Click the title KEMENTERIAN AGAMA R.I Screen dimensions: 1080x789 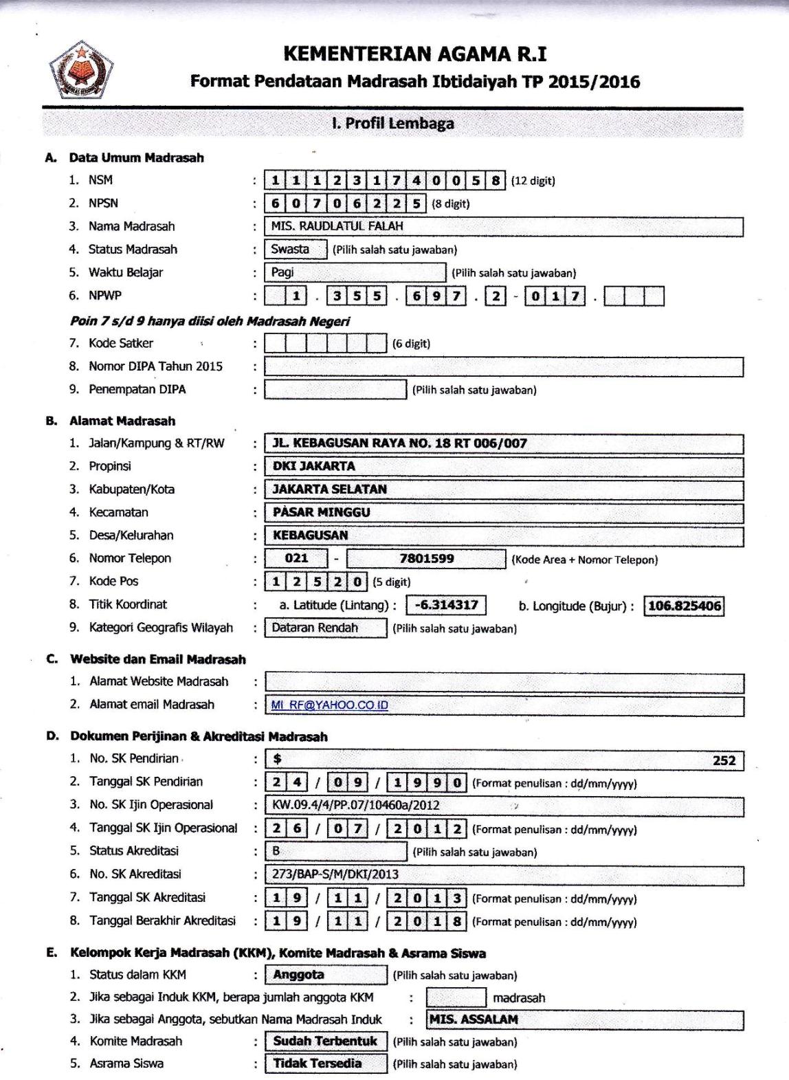415,54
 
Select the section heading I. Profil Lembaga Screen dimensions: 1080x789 392,124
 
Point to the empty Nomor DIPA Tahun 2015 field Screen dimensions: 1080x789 504,366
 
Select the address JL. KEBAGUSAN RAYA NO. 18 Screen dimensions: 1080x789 400,443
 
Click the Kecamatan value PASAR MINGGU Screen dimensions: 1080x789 322,512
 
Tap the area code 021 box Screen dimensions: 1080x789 296,558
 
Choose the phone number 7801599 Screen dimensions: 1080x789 426,558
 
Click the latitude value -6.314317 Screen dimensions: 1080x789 447,605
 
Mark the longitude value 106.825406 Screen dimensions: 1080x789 685,606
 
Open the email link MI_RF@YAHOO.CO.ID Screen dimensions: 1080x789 330,705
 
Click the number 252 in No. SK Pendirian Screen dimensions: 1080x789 724,760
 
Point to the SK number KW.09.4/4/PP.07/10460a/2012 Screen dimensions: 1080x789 356,805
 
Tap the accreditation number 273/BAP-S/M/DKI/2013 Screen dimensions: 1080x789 335,874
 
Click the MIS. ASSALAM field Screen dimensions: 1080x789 474,1020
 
